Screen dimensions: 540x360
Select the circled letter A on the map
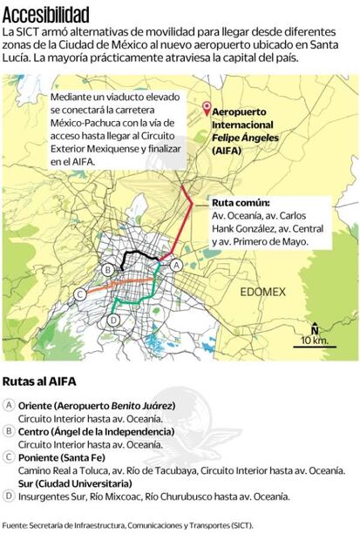pos(174,264)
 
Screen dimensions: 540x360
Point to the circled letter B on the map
pos(106,269)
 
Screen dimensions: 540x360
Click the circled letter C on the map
pos(79,294)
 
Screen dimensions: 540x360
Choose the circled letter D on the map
pos(112,321)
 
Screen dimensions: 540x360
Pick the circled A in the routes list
pos(9,406)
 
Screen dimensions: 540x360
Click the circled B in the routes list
pos(9,431)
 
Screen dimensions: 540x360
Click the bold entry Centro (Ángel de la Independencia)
pos(96,431)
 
